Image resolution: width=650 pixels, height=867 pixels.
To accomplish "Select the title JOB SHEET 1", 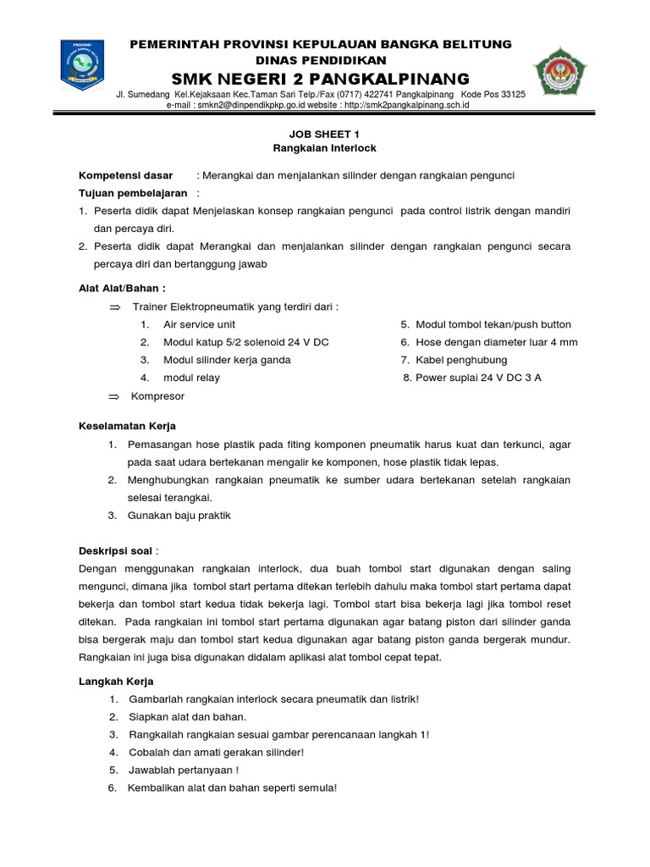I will [313, 134].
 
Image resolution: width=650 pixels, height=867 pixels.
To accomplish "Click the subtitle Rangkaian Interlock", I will [313, 148].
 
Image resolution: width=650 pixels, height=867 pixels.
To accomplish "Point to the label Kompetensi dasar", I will [125, 175].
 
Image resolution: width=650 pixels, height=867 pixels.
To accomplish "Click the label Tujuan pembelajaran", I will [133, 193].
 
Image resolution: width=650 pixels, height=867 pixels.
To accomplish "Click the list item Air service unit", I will [200, 324].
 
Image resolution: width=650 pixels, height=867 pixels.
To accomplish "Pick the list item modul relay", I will [191, 378].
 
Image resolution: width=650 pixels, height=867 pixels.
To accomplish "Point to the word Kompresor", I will [158, 396].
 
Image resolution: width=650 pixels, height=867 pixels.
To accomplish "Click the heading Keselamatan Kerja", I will [127, 426].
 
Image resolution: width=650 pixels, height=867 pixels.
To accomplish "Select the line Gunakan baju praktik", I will [179, 516].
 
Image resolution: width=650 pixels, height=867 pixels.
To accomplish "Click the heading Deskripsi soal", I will [116, 550].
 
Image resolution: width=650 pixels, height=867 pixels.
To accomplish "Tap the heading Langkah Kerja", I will [116, 682].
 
